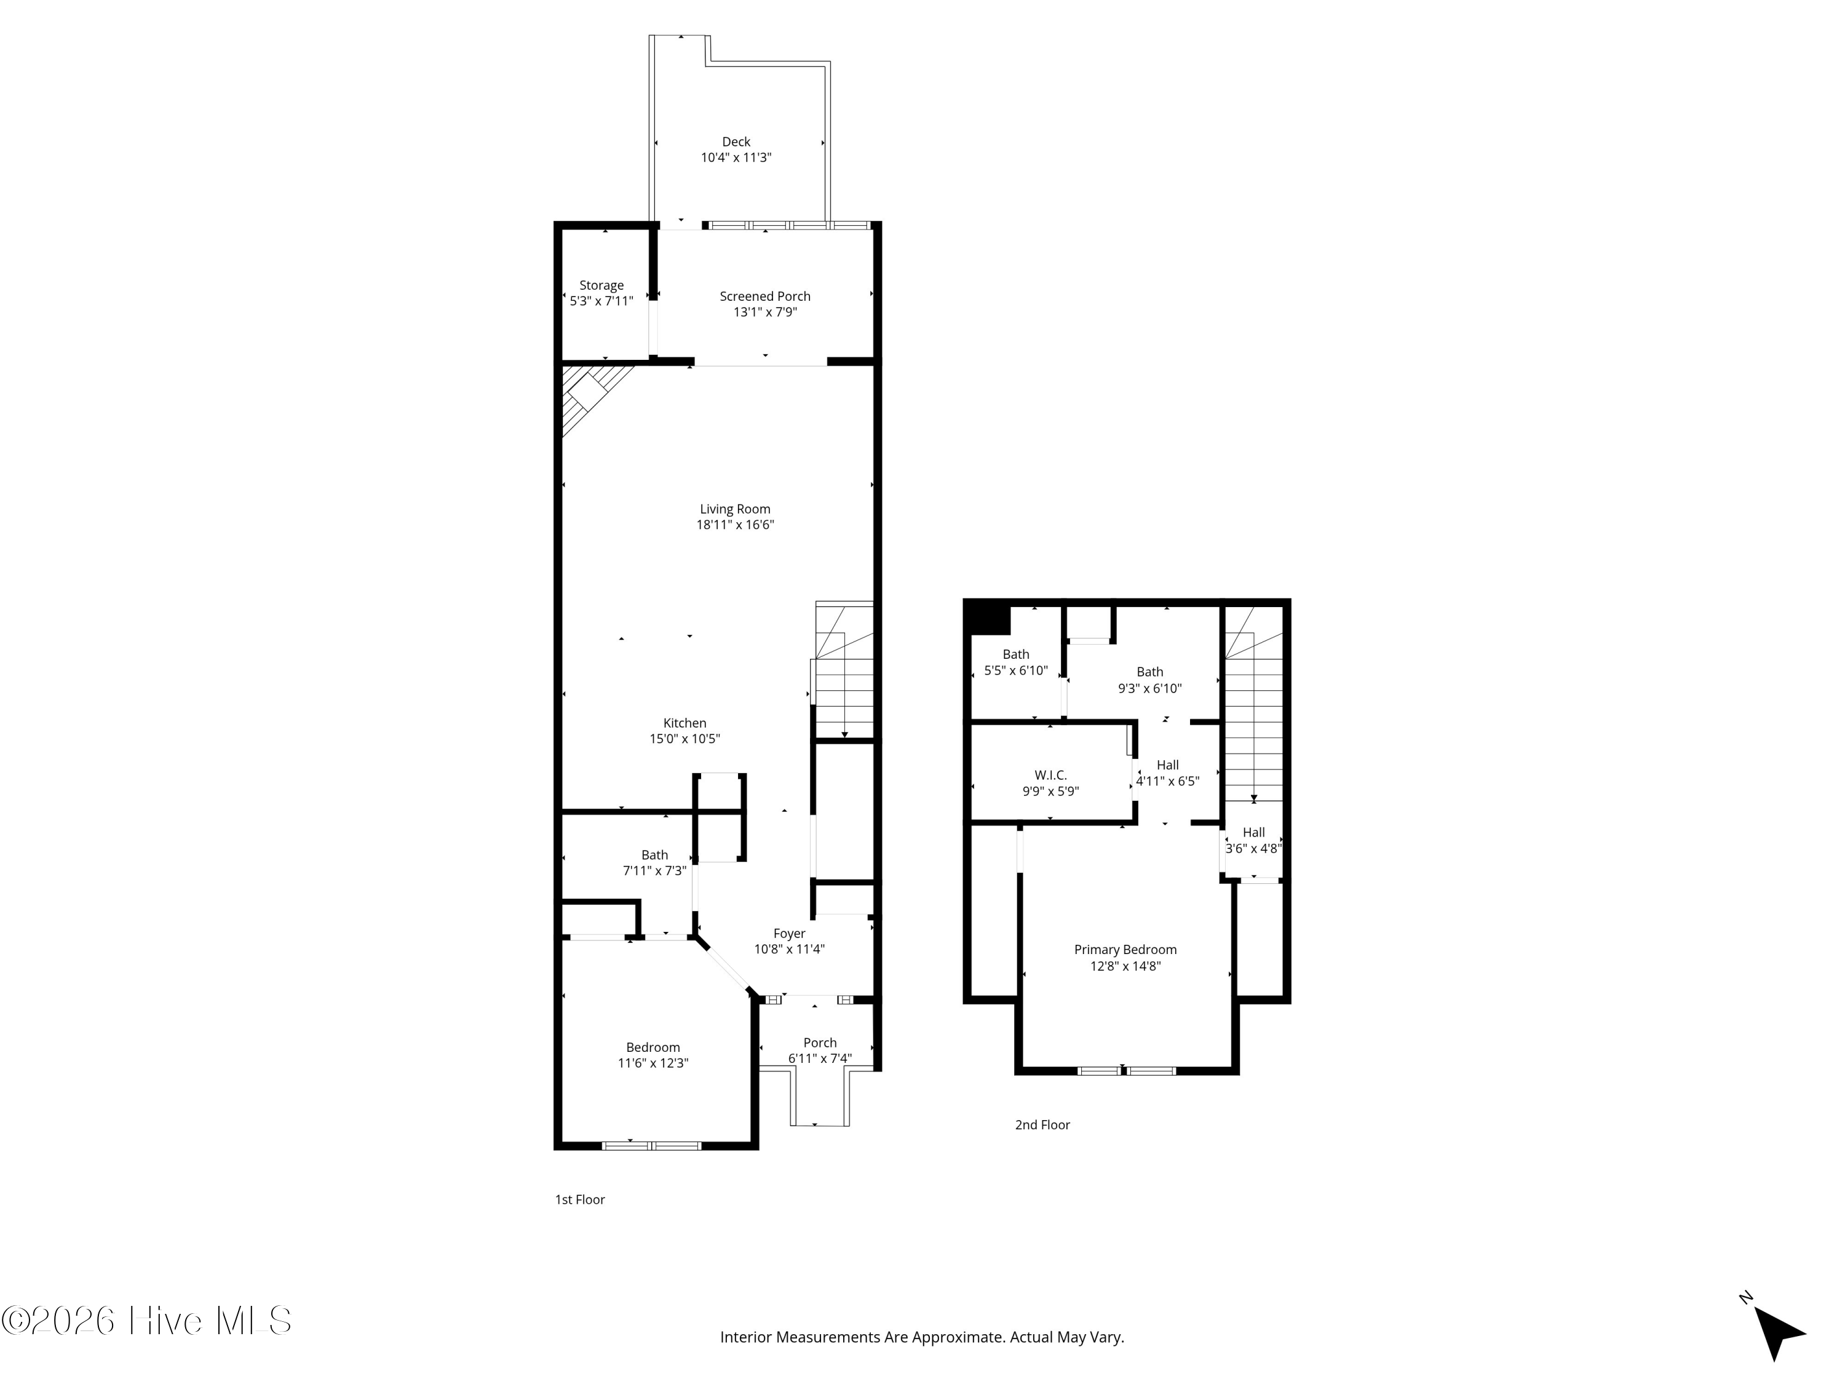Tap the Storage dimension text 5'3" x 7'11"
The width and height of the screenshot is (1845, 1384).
601,301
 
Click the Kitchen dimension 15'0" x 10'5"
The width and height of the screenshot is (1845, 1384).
684,739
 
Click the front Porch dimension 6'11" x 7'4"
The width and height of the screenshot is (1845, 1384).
820,1059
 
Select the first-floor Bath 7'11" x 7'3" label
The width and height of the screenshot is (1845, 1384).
655,862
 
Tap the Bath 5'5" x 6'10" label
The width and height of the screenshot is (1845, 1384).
1016,662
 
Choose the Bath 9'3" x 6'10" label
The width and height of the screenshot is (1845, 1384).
1149,680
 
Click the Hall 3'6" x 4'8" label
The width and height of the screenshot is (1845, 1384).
1253,841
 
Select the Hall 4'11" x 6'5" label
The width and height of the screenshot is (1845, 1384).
1168,773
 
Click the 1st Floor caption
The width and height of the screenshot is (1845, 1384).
580,1199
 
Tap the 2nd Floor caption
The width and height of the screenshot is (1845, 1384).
1042,1124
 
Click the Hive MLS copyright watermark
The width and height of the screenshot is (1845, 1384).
147,1321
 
